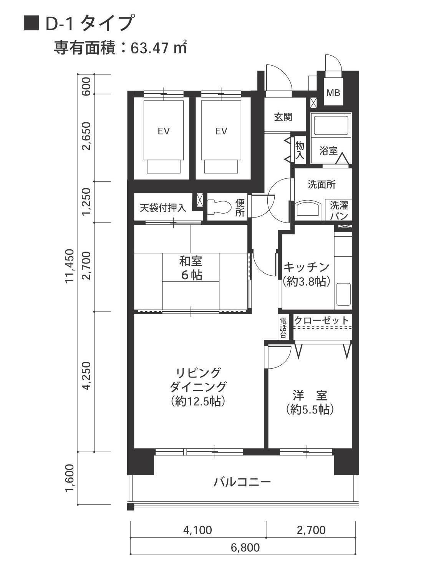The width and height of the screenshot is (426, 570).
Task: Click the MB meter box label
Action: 333,93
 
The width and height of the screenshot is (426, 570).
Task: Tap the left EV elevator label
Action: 164,131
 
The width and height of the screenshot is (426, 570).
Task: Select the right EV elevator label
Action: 221,131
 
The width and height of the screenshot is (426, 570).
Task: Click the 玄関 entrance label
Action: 283,117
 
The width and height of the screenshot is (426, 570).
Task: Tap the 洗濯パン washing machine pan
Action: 339,210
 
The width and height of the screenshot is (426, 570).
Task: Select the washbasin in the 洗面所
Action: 308,209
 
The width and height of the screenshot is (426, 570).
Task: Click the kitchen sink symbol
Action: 343,294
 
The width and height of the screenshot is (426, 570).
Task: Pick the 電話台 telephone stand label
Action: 283,328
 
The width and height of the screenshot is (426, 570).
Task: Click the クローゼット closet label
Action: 322,320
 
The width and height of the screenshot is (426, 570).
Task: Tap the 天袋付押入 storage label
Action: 163,208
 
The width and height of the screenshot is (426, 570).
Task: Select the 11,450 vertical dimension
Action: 70,266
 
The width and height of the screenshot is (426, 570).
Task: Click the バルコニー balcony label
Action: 242,482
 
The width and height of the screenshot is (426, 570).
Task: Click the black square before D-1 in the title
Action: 31,23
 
